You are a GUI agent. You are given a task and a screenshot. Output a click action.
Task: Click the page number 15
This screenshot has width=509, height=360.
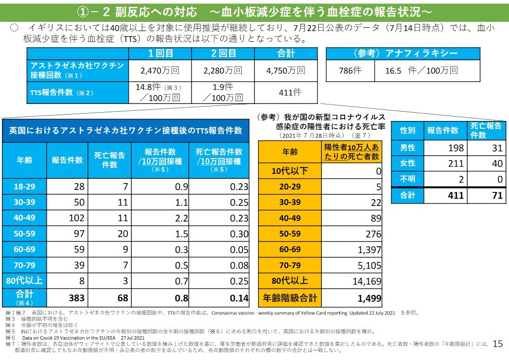tap(497, 344)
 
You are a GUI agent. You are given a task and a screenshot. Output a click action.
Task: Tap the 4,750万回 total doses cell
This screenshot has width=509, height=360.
tap(286, 70)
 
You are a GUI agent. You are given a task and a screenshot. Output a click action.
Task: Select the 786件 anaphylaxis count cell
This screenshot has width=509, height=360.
tap(350, 70)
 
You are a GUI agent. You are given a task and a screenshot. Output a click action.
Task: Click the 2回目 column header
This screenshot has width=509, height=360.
tap(223, 53)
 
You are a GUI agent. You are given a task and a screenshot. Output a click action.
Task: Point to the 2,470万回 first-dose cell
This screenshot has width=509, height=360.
tap(159, 70)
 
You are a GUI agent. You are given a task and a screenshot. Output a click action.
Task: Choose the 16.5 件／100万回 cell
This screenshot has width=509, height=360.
tap(421, 70)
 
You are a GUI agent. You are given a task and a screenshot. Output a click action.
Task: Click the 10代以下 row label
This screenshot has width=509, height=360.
tap(290, 171)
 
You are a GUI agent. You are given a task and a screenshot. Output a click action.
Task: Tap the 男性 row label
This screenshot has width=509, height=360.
tap(407, 148)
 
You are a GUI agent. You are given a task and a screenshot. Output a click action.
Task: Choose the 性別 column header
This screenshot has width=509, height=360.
tap(407, 131)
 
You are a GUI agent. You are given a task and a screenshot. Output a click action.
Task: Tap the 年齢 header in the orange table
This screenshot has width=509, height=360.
tap(290, 152)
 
